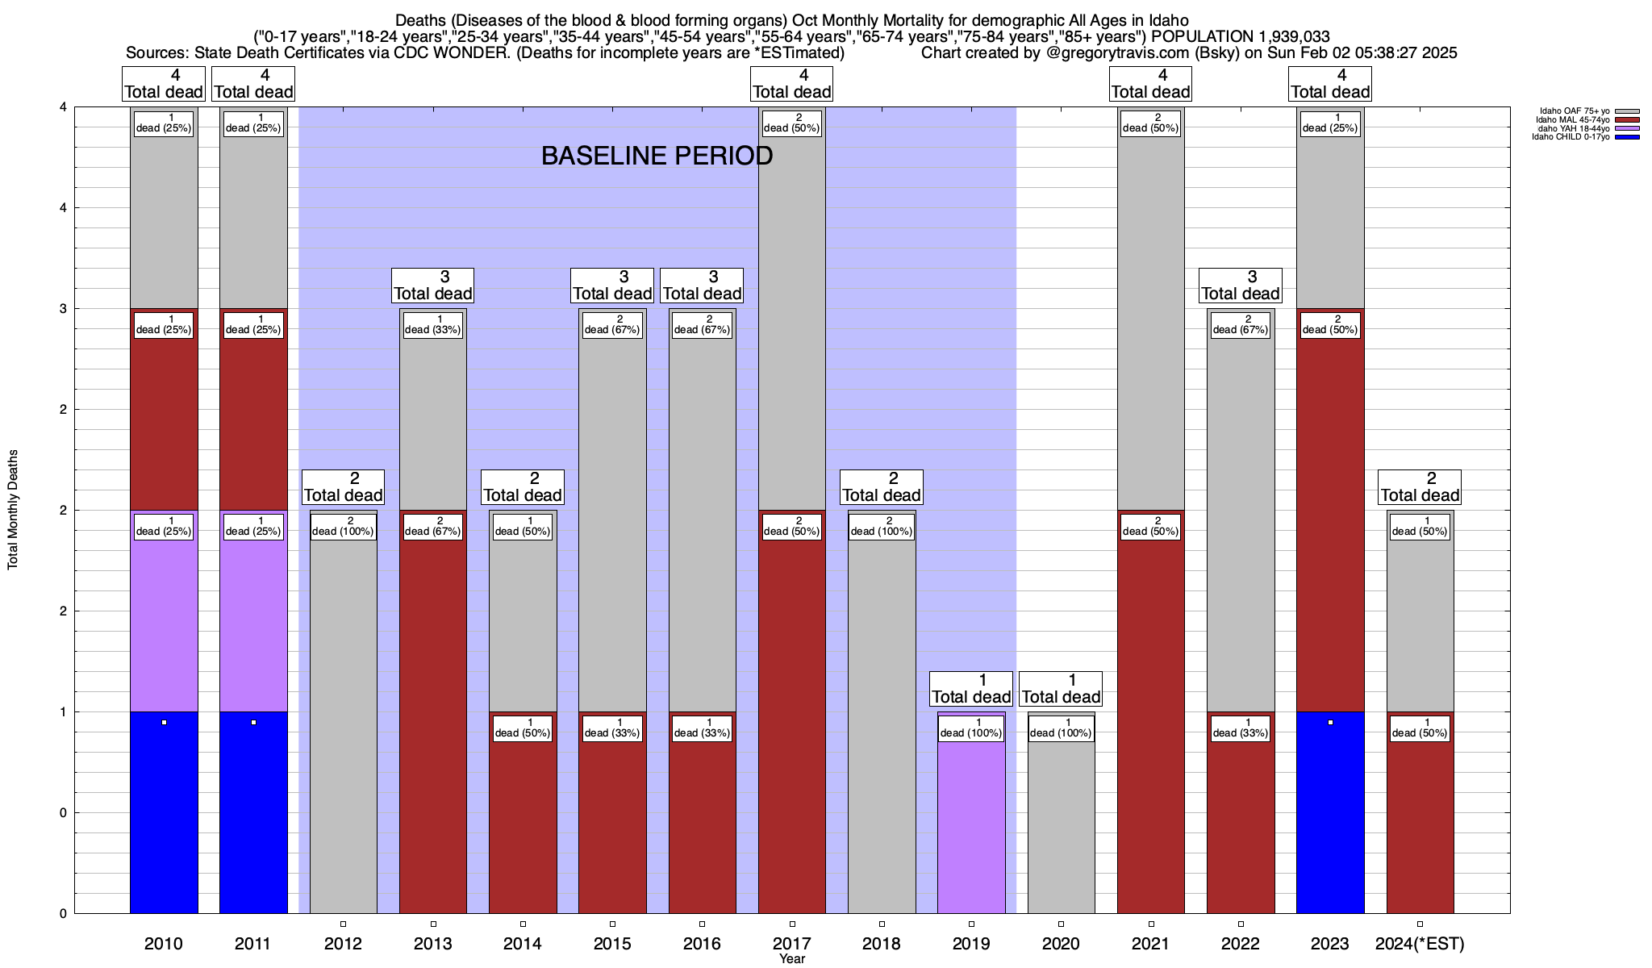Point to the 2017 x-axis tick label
791,944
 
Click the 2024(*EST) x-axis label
1420,944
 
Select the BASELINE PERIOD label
657,156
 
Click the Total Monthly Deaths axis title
13,510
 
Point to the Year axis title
792,959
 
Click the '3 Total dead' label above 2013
432,286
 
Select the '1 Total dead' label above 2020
1061,689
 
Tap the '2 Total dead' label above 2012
343,487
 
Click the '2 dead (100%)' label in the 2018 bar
881,526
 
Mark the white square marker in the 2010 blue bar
164,723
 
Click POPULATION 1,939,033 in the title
1241,36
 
